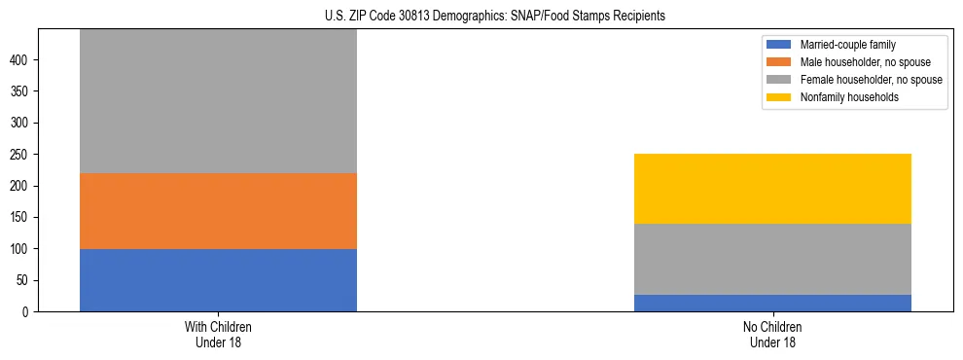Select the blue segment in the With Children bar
point(218,280)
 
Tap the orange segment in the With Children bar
point(218,211)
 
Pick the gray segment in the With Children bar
point(218,102)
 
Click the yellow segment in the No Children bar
point(772,189)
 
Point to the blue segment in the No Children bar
point(772,303)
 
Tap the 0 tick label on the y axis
point(27,312)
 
